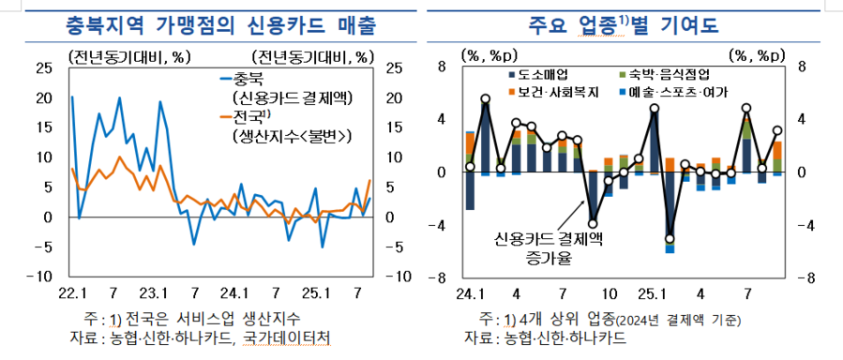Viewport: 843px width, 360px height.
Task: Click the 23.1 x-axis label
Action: [x=153, y=291]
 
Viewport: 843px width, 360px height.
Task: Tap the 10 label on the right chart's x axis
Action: [x=609, y=292]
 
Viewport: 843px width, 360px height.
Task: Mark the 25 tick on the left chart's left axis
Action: [x=44, y=67]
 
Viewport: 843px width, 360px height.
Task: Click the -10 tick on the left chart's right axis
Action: [x=396, y=277]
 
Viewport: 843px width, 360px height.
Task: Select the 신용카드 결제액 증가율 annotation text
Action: [x=537, y=246]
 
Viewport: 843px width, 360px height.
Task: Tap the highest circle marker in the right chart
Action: [x=485, y=98]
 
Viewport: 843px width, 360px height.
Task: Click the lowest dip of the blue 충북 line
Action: [x=194, y=244]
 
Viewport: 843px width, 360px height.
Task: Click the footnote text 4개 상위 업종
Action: [x=548, y=319]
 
